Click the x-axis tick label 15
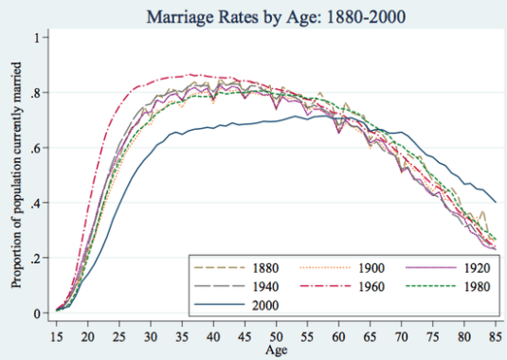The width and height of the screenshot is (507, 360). tap(56, 335)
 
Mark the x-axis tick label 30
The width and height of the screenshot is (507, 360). tap(151, 335)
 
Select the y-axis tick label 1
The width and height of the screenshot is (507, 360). tap(38, 38)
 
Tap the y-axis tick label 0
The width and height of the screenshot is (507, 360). tap(38, 314)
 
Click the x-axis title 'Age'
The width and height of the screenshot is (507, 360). tap(276, 351)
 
